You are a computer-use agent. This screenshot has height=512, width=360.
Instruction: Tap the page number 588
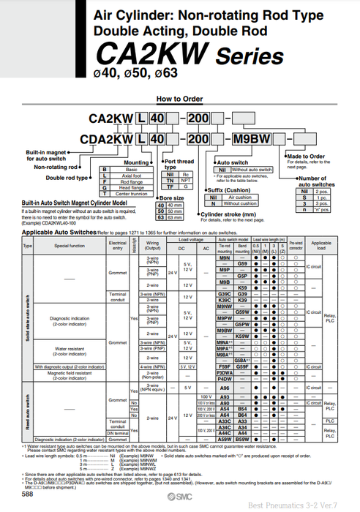(26, 494)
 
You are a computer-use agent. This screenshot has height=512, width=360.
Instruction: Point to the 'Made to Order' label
(305, 156)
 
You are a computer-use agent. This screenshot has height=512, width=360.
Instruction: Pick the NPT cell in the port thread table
(187, 181)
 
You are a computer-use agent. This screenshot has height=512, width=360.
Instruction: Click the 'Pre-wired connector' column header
(295, 246)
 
